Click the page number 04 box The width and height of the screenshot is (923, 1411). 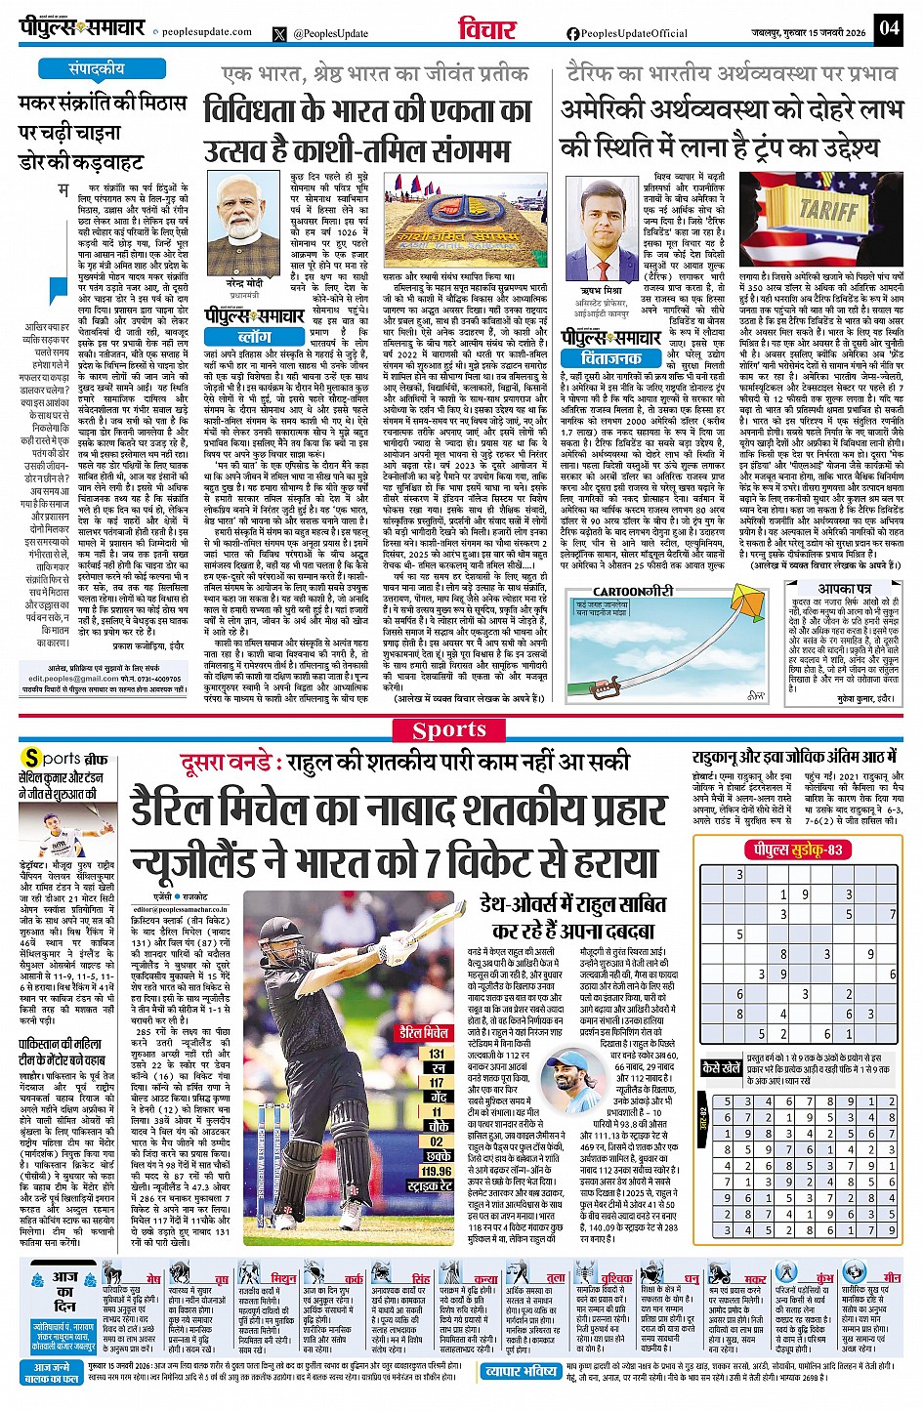pyautogui.click(x=888, y=27)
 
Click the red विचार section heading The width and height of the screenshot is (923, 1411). pyautogui.click(x=486, y=29)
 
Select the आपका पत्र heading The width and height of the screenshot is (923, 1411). pyautogui.click(x=844, y=589)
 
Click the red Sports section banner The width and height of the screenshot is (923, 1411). pyautogui.click(x=448, y=729)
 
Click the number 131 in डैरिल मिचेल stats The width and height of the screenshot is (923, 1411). pyautogui.click(x=436, y=1054)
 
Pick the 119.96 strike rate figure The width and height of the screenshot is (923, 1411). pyautogui.click(x=436, y=1171)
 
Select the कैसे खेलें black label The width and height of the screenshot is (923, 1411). pyautogui.click(x=721, y=1067)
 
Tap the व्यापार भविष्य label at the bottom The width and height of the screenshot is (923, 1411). pyautogui.click(x=521, y=1371)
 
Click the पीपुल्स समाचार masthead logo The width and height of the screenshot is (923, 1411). pyautogui.click(x=83, y=27)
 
